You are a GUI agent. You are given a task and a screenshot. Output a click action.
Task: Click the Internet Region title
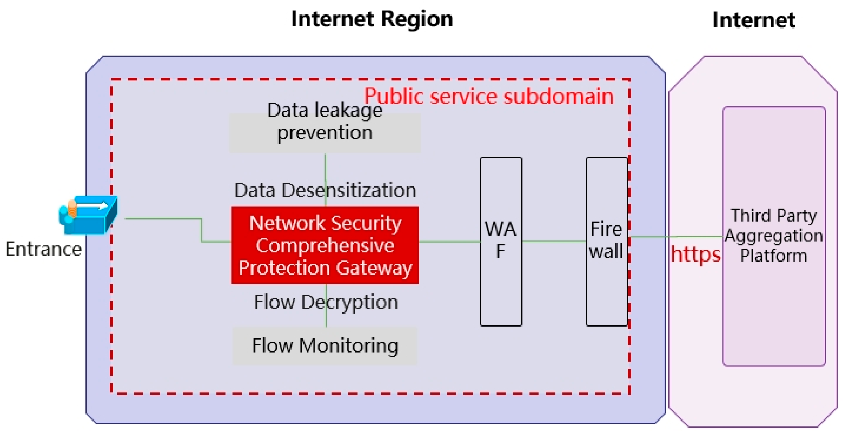click(x=372, y=19)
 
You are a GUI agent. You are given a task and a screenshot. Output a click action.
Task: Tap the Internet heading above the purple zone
click(x=754, y=20)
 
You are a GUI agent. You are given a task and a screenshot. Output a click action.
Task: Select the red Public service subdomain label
click(x=489, y=97)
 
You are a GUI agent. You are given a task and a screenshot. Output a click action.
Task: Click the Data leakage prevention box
click(x=325, y=133)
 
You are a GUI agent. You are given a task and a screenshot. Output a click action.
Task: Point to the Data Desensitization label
click(x=325, y=190)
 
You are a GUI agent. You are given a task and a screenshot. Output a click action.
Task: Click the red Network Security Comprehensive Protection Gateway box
click(x=325, y=245)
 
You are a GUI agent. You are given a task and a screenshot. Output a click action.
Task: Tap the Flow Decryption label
click(x=326, y=302)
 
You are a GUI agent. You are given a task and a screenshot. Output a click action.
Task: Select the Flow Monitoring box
click(x=325, y=345)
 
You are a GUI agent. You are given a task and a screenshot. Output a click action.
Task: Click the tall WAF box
click(x=501, y=241)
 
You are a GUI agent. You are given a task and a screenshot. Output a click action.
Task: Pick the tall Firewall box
click(x=606, y=241)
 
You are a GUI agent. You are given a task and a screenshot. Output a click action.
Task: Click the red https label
click(x=695, y=254)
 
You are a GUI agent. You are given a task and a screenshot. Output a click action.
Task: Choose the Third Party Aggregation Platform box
click(x=774, y=236)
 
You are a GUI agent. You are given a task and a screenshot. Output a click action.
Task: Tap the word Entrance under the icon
click(x=43, y=249)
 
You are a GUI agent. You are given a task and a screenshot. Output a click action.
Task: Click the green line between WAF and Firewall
click(x=554, y=241)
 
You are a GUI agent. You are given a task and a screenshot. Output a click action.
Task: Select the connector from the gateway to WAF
click(x=449, y=241)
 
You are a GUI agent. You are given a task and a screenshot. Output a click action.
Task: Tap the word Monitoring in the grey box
click(x=348, y=345)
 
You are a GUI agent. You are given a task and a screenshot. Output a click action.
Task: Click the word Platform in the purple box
click(x=774, y=256)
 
